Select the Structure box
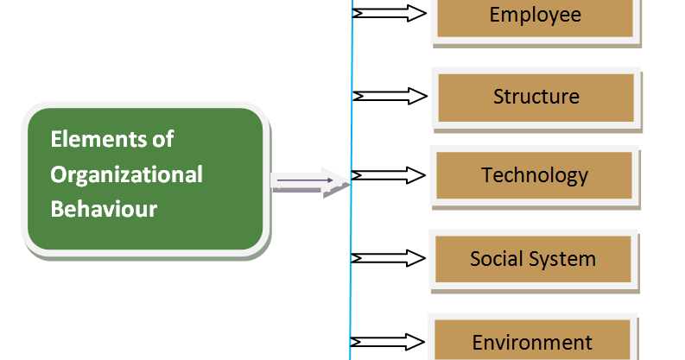click(x=536, y=98)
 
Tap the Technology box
click(x=535, y=175)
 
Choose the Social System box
click(x=533, y=258)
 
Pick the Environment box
click(x=533, y=341)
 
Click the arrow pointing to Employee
click(x=390, y=13)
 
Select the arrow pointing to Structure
click(x=390, y=96)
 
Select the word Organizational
click(x=126, y=174)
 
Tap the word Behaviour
click(x=104, y=209)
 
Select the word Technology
click(x=535, y=175)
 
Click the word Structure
click(x=536, y=97)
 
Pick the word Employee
click(x=536, y=15)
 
